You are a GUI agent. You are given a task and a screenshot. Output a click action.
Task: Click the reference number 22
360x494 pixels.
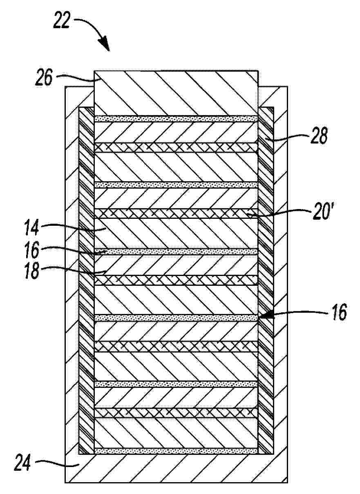62,20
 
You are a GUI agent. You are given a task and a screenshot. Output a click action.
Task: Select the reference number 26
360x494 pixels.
44,78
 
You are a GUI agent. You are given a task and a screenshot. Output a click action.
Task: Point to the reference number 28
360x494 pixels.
318,136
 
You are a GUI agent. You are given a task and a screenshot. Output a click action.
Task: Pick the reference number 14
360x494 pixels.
31,227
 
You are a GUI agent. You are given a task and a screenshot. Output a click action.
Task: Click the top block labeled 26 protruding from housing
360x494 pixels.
176,93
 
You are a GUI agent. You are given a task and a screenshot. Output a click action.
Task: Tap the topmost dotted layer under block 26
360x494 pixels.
176,119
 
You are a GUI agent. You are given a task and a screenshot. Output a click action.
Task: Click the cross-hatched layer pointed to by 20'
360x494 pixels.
176,214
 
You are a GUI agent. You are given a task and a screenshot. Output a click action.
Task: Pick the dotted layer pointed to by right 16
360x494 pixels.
176,318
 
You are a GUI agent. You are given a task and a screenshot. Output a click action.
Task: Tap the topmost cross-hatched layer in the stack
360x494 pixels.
176,147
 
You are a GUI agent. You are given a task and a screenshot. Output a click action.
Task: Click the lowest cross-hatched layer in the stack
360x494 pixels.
176,413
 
